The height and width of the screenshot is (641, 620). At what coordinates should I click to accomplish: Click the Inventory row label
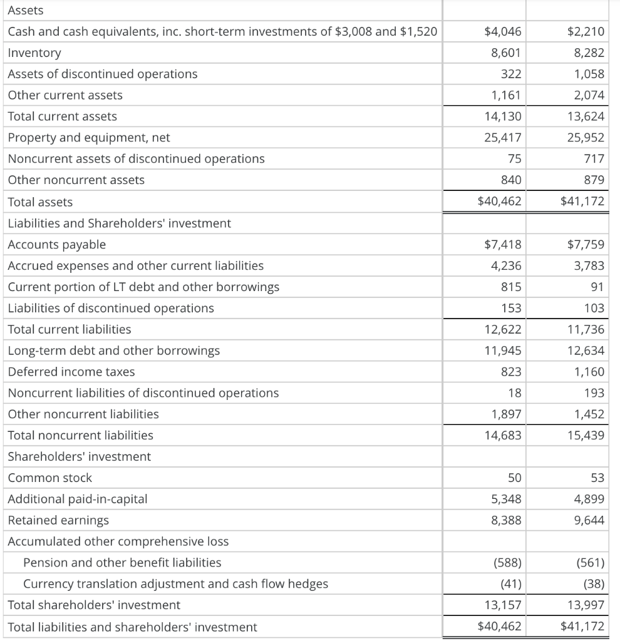click(x=34, y=53)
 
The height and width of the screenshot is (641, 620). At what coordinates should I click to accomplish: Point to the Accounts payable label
click(x=57, y=245)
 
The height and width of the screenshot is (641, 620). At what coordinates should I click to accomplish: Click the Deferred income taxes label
click(x=71, y=372)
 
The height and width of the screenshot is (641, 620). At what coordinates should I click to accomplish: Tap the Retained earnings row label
click(x=58, y=520)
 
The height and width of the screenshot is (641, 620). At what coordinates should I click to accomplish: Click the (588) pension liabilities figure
click(x=508, y=563)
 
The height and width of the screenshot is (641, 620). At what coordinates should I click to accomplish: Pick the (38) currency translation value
click(x=593, y=584)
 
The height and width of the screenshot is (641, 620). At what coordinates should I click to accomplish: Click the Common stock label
click(x=49, y=478)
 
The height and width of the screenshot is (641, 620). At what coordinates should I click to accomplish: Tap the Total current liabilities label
click(x=70, y=329)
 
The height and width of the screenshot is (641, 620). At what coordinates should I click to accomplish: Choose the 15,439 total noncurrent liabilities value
click(x=586, y=435)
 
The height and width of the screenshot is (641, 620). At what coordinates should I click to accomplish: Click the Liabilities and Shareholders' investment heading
click(x=119, y=223)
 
